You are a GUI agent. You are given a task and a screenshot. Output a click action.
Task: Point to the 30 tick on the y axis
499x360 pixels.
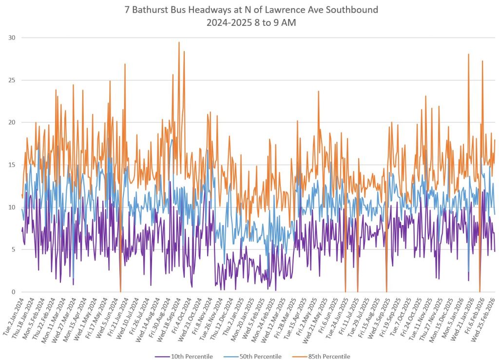tap(11, 38)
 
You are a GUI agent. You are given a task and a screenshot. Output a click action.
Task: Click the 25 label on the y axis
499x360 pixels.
tap(11, 80)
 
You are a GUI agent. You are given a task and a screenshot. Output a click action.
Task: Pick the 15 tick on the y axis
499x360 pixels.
tap(11, 165)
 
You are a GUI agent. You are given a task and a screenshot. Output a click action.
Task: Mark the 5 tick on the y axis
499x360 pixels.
tap(13, 250)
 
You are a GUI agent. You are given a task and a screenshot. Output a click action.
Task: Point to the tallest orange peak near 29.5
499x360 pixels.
tap(179, 42)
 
